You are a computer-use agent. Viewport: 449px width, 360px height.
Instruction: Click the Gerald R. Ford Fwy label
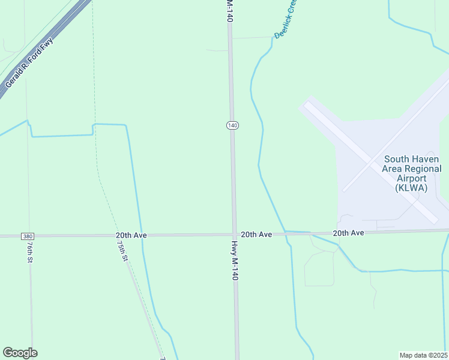coord(29,63)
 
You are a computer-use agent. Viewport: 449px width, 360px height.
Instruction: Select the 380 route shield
coord(28,236)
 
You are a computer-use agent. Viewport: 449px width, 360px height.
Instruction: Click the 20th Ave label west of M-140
coord(131,236)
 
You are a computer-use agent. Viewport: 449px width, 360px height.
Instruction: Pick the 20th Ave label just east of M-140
coord(256,234)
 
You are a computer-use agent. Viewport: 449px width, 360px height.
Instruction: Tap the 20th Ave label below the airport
coord(349,232)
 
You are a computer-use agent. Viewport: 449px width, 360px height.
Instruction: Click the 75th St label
coord(122,250)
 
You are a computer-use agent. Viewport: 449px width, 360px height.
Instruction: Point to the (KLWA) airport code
coord(412,188)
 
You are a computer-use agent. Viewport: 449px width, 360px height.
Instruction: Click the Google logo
coord(20,353)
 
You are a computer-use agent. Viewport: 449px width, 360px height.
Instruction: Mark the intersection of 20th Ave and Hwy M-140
coord(234,235)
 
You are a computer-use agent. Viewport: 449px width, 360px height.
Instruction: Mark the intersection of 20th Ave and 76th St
coord(29,236)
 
